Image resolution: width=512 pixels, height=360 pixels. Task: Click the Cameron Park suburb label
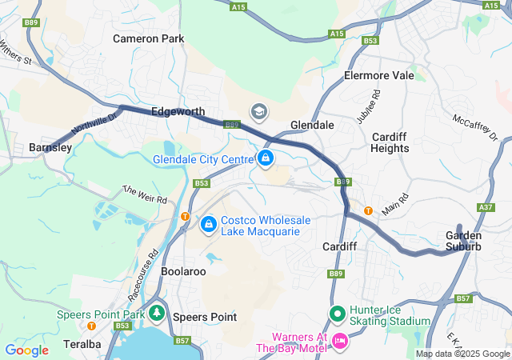tap(148, 38)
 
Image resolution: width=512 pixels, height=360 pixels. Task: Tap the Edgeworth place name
tap(178, 112)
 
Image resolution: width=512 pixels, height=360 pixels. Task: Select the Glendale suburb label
tap(312, 126)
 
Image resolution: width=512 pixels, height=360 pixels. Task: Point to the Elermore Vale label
tap(378, 75)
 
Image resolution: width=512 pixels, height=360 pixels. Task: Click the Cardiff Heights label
tap(390, 142)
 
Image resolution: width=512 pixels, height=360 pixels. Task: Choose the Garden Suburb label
tap(464, 241)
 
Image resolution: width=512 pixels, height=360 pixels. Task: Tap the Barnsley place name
tap(50, 147)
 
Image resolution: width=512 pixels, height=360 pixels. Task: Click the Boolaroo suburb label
tap(183, 272)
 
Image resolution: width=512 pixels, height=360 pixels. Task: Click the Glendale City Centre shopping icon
tap(265, 159)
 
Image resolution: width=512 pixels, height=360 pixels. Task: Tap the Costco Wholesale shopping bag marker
tap(209, 225)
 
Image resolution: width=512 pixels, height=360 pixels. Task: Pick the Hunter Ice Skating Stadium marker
tap(337, 314)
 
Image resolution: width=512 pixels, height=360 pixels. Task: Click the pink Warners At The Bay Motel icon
tap(339, 342)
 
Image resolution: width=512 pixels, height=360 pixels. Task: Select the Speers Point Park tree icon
tap(158, 313)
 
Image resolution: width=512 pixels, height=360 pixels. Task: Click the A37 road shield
tap(486, 207)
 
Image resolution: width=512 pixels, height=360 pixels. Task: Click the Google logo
tap(26, 350)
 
